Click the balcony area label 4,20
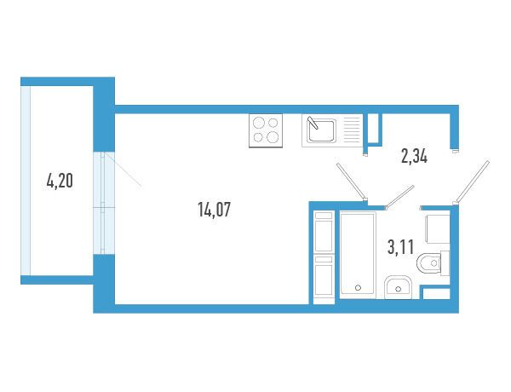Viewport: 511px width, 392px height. (60, 181)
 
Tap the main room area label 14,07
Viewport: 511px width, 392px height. (214, 210)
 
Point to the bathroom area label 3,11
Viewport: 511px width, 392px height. (400, 246)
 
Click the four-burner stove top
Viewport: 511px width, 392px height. (266, 130)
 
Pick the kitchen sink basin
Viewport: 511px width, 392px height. (321, 130)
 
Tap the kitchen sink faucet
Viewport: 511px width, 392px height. (313, 123)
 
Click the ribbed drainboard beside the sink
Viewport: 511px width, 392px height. (352, 130)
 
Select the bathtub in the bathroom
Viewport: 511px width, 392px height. (358, 255)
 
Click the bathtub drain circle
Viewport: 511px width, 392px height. (359, 288)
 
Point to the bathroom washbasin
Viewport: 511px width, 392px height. (399, 287)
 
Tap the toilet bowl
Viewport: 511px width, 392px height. (429, 262)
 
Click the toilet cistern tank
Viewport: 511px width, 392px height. (445, 263)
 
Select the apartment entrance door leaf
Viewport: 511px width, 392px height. (473, 182)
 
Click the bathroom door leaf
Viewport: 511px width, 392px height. (400, 197)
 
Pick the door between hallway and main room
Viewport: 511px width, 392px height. (351, 182)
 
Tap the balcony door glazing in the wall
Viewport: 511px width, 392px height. (104, 203)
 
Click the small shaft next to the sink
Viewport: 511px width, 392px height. (373, 129)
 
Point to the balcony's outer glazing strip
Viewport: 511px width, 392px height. (26, 181)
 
